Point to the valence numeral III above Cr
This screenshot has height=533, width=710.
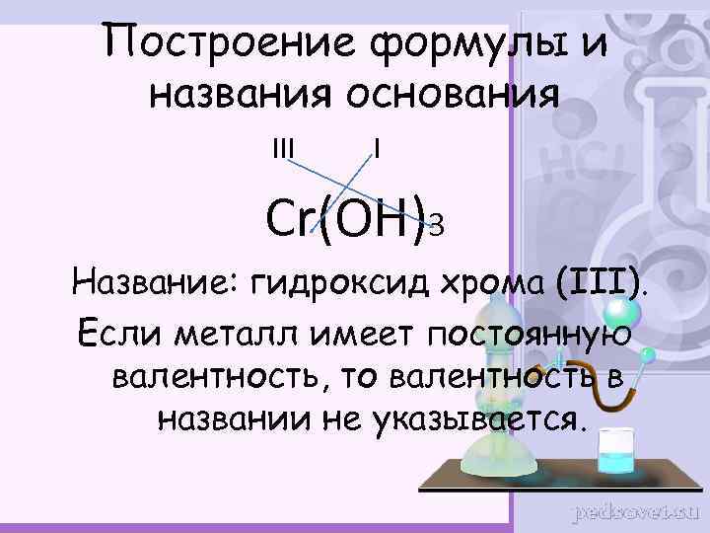coord(283,149)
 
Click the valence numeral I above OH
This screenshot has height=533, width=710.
coord(378,149)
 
